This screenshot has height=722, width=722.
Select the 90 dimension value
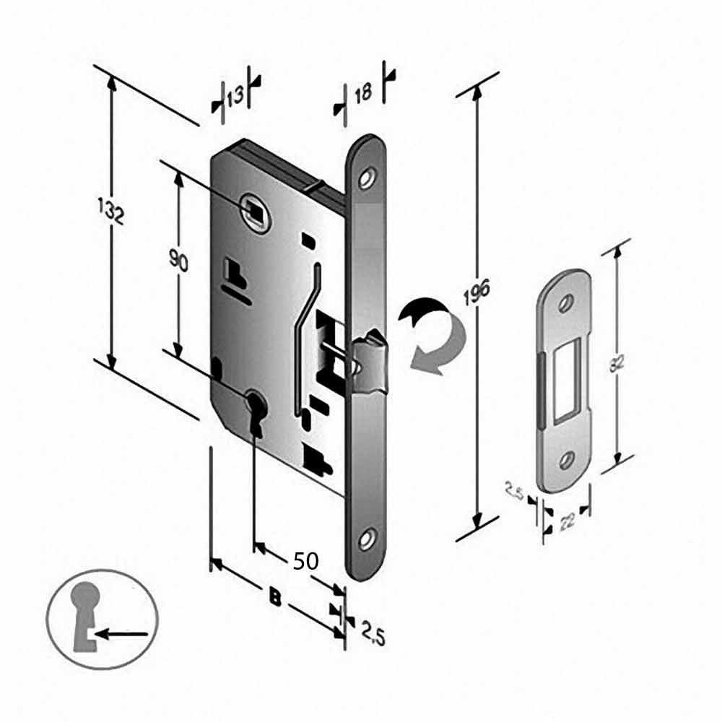click(x=179, y=259)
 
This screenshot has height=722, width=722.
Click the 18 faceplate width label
click(x=363, y=92)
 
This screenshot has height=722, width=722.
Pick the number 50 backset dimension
click(x=306, y=561)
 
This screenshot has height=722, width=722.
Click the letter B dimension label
click(x=275, y=596)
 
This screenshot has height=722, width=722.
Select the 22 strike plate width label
click(x=567, y=520)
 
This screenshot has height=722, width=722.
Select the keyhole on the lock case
click(x=254, y=412)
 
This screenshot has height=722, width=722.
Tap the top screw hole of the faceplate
click(x=369, y=176)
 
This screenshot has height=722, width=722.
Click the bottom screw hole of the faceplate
click(x=368, y=538)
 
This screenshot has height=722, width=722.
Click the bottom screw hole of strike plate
click(x=567, y=457)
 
